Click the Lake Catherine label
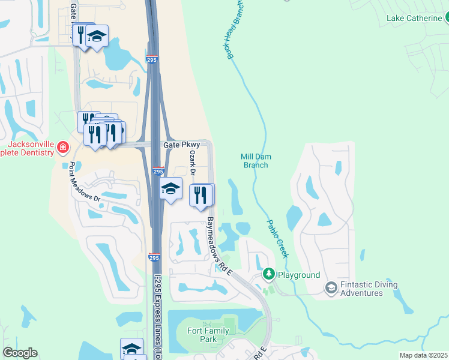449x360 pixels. pos(414,18)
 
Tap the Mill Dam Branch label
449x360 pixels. pos(256,161)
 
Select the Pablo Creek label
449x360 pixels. pos(277,239)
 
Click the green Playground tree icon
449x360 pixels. pos(268,275)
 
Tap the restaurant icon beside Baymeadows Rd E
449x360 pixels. pos(200,195)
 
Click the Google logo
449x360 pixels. pos(20,353)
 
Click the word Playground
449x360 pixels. pos(298,275)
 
